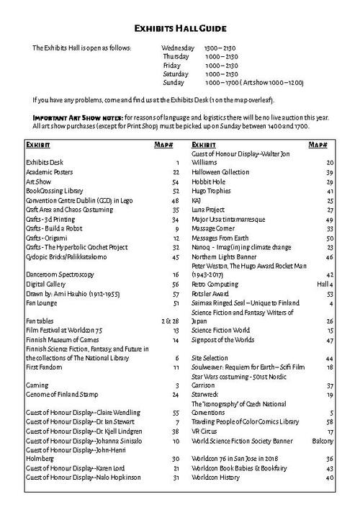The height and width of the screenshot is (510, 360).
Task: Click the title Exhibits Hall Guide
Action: click(x=180, y=29)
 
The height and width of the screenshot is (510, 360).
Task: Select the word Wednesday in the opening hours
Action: click(x=178, y=48)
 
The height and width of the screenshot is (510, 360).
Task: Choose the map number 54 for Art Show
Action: click(x=174, y=183)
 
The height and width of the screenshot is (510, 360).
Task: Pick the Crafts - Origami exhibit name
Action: click(x=50, y=237)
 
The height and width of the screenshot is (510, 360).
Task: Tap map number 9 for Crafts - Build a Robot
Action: click(x=176, y=227)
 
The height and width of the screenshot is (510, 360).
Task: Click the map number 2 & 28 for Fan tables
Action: click(x=171, y=319)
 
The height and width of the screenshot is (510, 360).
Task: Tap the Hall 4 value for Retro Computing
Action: click(x=323, y=284)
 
